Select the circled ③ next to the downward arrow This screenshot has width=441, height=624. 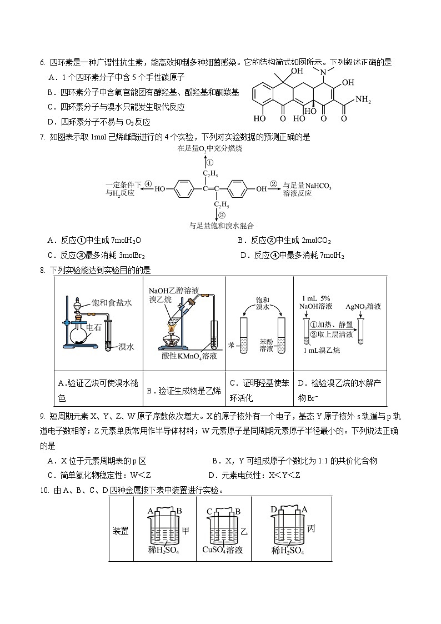222,215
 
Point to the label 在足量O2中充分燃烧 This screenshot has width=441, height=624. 210,149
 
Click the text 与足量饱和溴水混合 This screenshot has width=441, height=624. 221,226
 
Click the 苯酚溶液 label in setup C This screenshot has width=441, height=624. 266,345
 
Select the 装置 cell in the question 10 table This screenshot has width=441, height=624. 121,531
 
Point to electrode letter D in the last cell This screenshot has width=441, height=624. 274,509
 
